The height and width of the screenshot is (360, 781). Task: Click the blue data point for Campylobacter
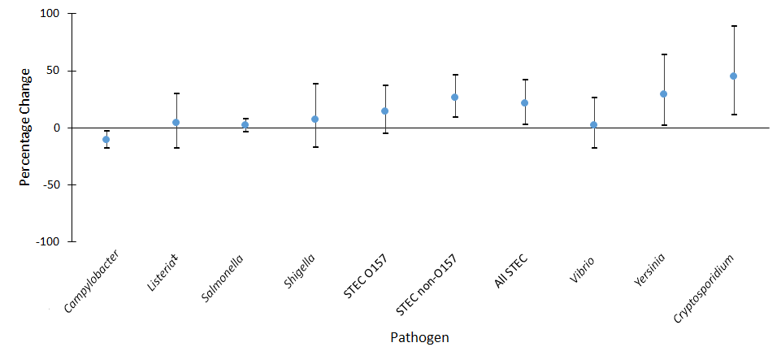point(106,140)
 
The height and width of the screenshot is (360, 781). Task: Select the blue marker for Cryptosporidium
point(733,76)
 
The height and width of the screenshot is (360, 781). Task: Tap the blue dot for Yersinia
point(663,94)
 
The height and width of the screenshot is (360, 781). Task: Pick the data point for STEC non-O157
point(454,98)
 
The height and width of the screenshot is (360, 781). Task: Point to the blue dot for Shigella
point(315,119)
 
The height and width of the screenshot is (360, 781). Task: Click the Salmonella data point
point(245,125)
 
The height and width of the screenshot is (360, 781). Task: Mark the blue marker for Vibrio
point(593,125)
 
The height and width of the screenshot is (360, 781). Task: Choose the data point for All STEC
point(524,103)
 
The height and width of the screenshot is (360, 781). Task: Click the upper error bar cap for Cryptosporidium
point(733,26)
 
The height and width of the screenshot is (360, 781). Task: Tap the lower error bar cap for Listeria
point(176,148)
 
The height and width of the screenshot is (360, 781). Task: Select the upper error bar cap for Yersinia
point(663,54)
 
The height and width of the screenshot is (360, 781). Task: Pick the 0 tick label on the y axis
point(58,128)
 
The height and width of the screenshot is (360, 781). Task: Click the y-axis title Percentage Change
point(25,127)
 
